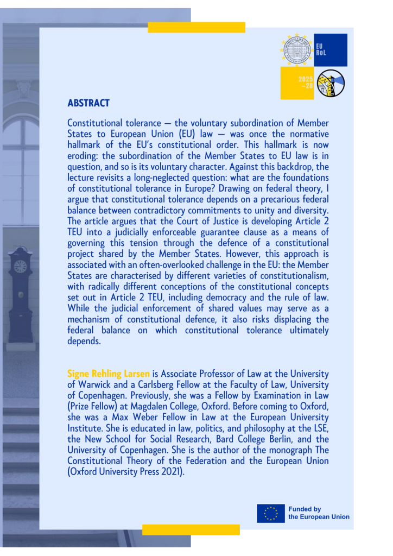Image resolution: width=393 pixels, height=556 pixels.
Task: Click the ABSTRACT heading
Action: click(88, 103)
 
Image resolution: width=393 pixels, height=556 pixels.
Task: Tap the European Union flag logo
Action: click(270, 513)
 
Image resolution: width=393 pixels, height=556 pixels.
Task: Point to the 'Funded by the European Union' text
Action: click(319, 513)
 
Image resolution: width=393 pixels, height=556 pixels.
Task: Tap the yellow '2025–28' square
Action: click(297, 83)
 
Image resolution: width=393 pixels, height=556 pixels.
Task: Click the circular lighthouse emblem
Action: click(331, 83)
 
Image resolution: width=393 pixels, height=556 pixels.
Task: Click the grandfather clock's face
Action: click(20, 266)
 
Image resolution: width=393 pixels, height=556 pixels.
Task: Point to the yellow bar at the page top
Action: click(196, 27)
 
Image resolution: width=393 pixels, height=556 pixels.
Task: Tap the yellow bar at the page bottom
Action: click(191, 529)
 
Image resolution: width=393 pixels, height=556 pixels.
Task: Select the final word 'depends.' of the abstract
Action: click(84, 341)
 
